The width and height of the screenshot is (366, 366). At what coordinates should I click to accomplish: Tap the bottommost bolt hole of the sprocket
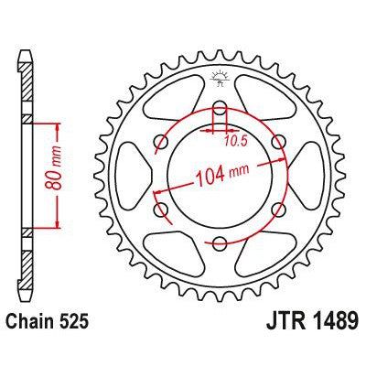tap(221, 242)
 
